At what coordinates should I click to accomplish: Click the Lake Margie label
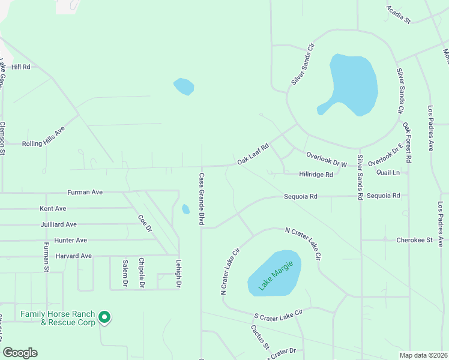click(276, 275)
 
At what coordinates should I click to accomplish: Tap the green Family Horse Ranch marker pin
click(104, 316)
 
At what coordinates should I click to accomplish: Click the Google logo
click(20, 353)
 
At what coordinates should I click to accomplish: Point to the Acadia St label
click(397, 14)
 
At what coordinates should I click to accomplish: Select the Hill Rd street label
click(20, 67)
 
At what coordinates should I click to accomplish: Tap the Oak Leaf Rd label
click(252, 154)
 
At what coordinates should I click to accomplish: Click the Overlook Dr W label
click(327, 159)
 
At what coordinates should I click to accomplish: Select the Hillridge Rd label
click(316, 175)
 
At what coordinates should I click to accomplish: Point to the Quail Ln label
click(388, 172)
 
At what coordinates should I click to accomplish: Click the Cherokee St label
click(414, 240)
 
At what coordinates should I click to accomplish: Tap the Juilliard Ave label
click(58, 224)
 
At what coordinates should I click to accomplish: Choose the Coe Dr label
click(145, 224)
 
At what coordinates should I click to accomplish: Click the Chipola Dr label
click(142, 273)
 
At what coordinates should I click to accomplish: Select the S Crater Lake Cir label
click(279, 314)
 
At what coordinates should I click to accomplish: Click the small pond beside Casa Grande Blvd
click(185, 209)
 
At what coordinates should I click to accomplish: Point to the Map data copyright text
click(423, 355)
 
